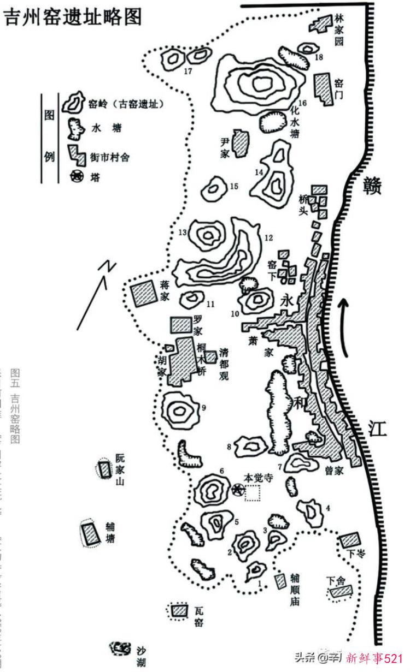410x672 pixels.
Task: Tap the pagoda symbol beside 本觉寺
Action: (238, 490)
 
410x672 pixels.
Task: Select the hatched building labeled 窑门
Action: (323, 89)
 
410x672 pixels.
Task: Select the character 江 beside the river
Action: (377, 428)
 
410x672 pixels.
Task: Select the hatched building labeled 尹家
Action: (239, 143)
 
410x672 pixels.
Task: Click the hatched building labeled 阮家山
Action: (104, 469)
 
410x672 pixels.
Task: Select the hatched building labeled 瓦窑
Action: (177, 611)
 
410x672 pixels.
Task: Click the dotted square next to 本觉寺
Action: (252, 493)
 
